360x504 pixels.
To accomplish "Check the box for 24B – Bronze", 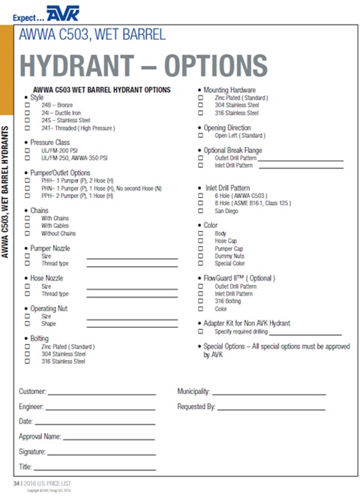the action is coord(28,105).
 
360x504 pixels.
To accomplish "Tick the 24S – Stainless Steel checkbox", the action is coord(28,120).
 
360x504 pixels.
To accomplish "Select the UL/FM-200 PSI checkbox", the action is coord(28,150).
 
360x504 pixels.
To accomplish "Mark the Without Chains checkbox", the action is coord(28,232).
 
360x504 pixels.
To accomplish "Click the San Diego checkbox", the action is coord(200,211).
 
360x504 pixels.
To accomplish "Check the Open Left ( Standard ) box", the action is coord(200,136).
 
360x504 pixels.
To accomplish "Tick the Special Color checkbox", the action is coord(200,263).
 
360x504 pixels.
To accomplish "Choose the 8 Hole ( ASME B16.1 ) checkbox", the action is coord(200,203).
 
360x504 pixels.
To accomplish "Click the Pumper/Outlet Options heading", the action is coord(59,172).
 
